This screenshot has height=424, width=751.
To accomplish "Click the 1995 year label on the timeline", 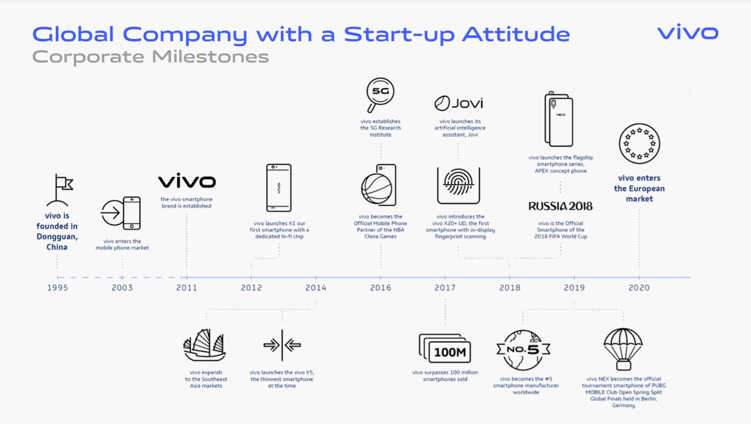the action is pyautogui.click(x=57, y=287).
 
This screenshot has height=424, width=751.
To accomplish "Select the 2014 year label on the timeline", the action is pyautogui.click(x=315, y=287).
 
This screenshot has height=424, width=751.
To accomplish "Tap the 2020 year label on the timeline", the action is pyautogui.click(x=639, y=287).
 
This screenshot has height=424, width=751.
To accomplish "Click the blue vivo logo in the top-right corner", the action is pyautogui.click(x=688, y=32).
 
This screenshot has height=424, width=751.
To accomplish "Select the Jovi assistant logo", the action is pyautogui.click(x=459, y=103).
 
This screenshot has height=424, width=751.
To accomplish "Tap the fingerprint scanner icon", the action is pyautogui.click(x=458, y=186).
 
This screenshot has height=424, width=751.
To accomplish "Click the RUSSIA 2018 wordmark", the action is pyautogui.click(x=560, y=206).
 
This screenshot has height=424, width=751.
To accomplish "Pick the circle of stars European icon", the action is pyautogui.click(x=639, y=144).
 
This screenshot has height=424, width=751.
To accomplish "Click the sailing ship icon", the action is pyautogui.click(x=204, y=345).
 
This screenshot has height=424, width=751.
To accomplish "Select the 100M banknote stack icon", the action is pyautogui.click(x=445, y=349).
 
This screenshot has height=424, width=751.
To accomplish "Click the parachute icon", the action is pyautogui.click(x=623, y=349).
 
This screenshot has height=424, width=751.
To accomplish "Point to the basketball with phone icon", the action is pyautogui.click(x=379, y=185).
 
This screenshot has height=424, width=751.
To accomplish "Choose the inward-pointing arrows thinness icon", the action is pyautogui.click(x=282, y=345).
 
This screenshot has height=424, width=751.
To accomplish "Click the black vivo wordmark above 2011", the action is pyautogui.click(x=187, y=180).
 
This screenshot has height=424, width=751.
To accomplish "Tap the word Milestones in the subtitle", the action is pyautogui.click(x=210, y=57).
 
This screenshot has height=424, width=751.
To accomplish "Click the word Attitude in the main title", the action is pyautogui.click(x=516, y=34).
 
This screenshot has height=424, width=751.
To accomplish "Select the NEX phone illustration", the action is pyautogui.click(x=559, y=119).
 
